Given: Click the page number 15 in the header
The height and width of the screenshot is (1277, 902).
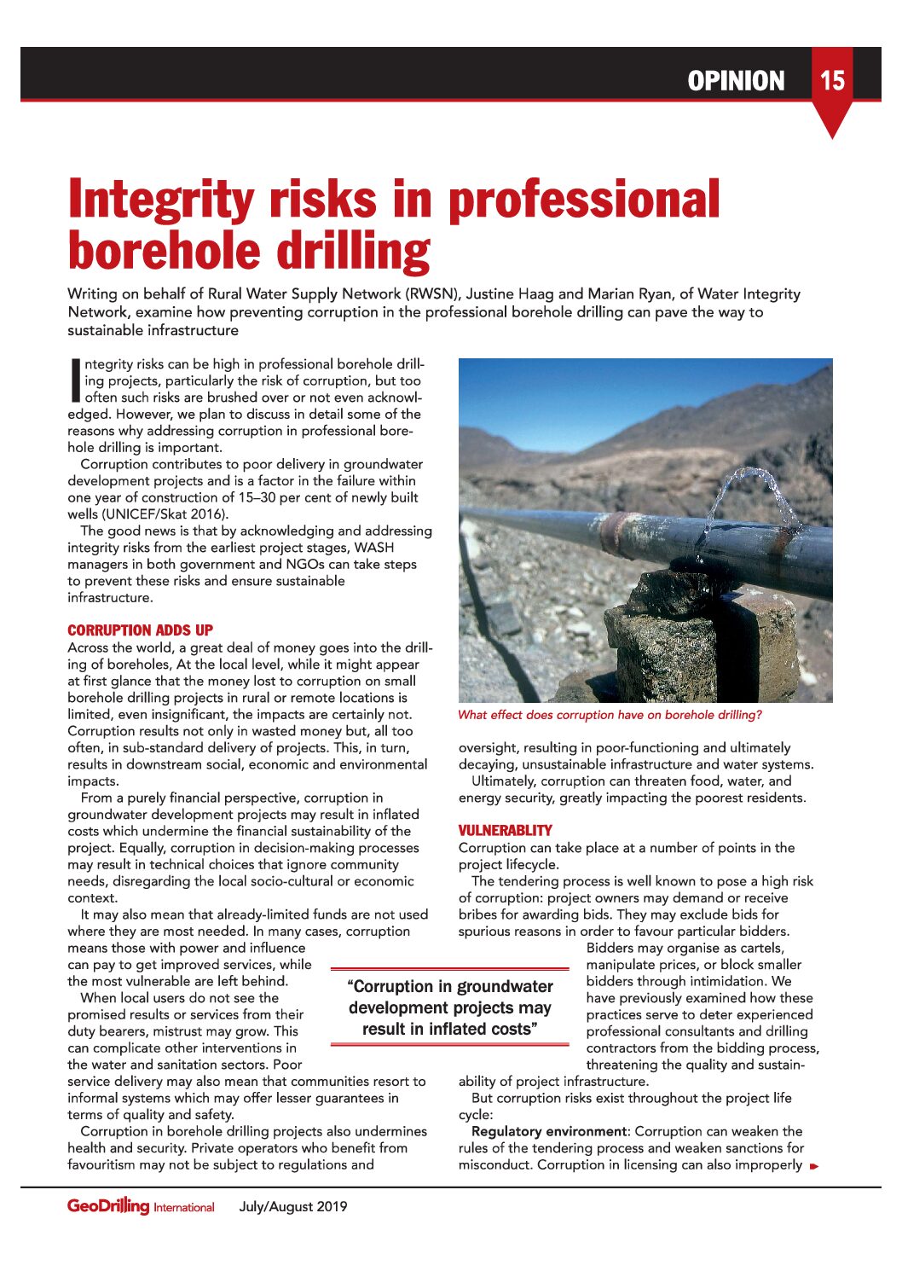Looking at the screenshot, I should click(x=832, y=80).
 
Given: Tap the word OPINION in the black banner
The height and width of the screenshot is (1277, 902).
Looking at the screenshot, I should click(x=736, y=81).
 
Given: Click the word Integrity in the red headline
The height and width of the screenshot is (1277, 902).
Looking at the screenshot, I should click(x=160, y=200).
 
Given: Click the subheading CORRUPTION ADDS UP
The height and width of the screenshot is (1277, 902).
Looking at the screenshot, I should click(x=140, y=630).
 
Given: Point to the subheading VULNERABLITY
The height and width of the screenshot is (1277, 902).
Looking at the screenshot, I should click(x=505, y=830).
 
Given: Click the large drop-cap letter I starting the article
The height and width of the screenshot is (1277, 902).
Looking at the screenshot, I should click(x=74, y=380).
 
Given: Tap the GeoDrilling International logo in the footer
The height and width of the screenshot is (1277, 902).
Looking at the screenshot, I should click(x=141, y=1206).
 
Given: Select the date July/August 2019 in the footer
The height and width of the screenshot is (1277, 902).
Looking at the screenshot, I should click(x=293, y=1206).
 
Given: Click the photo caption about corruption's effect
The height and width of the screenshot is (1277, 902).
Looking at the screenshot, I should click(x=610, y=715).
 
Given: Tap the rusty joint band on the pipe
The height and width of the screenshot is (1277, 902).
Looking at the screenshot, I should click(x=616, y=533).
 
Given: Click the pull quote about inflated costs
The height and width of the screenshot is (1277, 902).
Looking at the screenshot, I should click(x=449, y=1007).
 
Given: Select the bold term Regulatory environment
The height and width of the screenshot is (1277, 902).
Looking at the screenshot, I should click(x=548, y=1131).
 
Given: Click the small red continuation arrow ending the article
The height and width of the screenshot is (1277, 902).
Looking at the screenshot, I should click(x=814, y=1166).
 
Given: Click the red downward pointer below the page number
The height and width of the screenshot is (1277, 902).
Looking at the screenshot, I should click(x=831, y=124).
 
